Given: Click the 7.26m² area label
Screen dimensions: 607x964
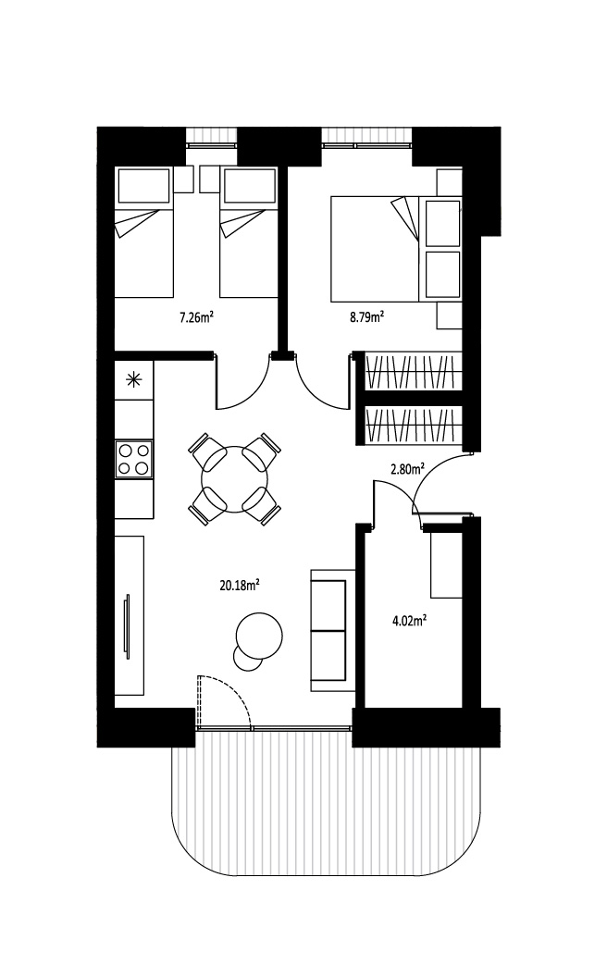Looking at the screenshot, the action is (x=196, y=317).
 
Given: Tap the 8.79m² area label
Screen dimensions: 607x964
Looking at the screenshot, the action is (x=367, y=317).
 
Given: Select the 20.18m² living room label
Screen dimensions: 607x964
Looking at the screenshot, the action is (x=239, y=586).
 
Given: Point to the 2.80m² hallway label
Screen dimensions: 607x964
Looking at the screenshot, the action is (x=408, y=470).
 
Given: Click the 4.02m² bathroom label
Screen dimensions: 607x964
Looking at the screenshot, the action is (x=410, y=621).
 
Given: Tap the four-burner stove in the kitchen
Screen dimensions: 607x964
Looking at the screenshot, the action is (x=133, y=459).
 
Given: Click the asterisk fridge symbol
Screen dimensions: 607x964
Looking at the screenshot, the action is (x=133, y=380).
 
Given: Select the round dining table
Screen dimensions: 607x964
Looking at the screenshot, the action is (x=234, y=479).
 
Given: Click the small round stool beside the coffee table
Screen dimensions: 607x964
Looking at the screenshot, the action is (x=247, y=658).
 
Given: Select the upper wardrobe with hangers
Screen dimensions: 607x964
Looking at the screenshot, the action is (x=414, y=371).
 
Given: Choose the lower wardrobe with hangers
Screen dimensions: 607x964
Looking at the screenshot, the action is (x=414, y=425).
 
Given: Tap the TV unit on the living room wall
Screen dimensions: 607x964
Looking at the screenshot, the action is (x=130, y=615).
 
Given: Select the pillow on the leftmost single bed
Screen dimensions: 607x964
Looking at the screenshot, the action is (x=142, y=187).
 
